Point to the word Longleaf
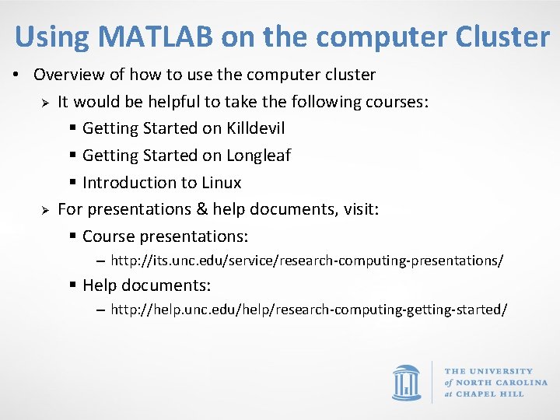(x=258, y=156)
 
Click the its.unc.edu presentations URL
(x=306, y=261)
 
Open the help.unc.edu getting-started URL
(x=309, y=310)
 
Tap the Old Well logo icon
(x=406, y=383)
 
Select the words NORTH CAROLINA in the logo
(x=502, y=383)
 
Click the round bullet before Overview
(x=15, y=75)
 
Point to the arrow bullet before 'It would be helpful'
(x=45, y=103)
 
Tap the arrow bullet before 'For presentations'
(x=45, y=210)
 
